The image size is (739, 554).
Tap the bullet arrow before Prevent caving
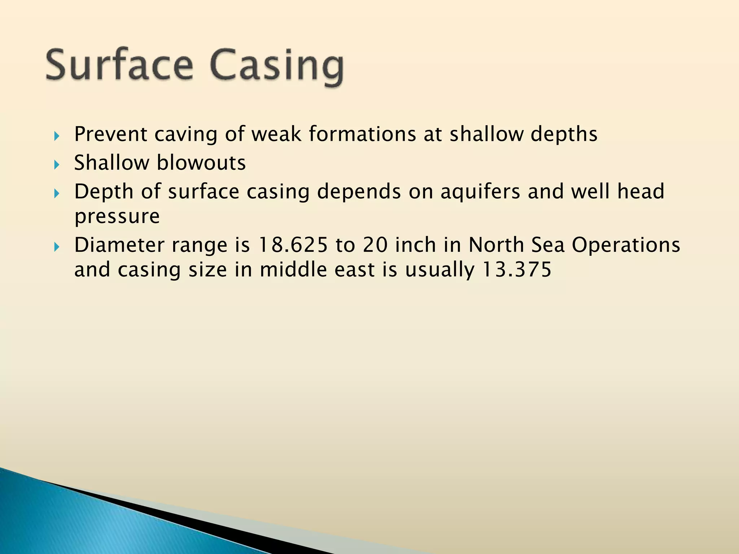pos(56,136)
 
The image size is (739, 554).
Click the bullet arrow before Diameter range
pos(56,247)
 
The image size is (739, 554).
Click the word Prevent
pos(110,134)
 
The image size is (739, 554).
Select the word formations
pos(363,134)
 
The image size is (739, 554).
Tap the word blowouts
pos(201,163)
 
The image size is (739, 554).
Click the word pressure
pos(117,216)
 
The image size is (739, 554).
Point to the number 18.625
pos(293,245)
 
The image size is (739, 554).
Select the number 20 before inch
pos(375,245)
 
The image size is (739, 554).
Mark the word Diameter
pos(119,245)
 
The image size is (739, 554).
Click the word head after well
pos(640,192)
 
